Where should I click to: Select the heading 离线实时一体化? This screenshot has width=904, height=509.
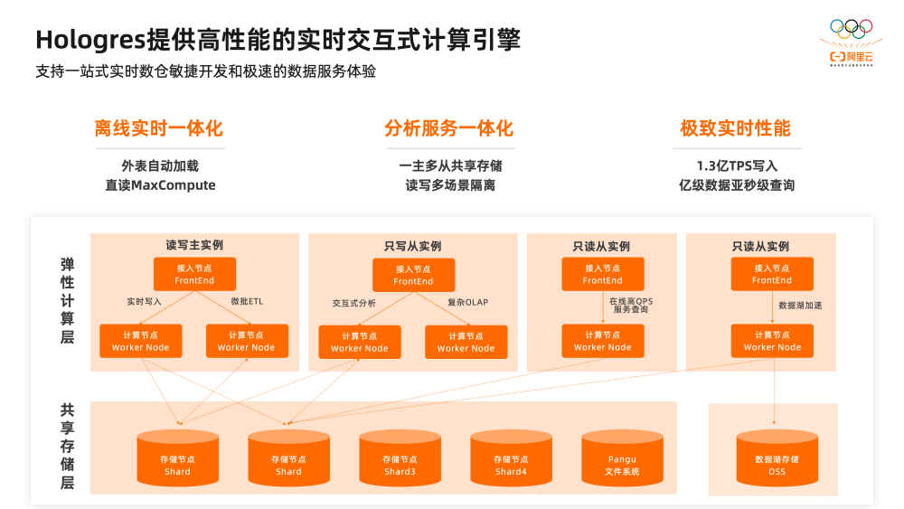coord(159,128)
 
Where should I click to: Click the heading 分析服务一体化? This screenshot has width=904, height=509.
coord(448,128)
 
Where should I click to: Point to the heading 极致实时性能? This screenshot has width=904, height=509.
coord(735,128)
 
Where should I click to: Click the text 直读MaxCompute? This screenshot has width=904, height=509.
coord(160,185)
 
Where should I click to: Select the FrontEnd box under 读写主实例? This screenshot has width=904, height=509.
coord(194,274)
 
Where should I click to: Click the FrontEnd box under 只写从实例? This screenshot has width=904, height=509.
coord(413,274)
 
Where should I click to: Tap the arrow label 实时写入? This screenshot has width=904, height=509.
coord(145,301)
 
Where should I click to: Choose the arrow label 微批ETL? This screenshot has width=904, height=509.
coord(247,301)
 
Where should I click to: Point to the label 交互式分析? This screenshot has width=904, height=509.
coord(354,303)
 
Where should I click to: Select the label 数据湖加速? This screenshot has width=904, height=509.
coord(800,306)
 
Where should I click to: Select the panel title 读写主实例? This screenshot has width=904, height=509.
coord(194,245)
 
